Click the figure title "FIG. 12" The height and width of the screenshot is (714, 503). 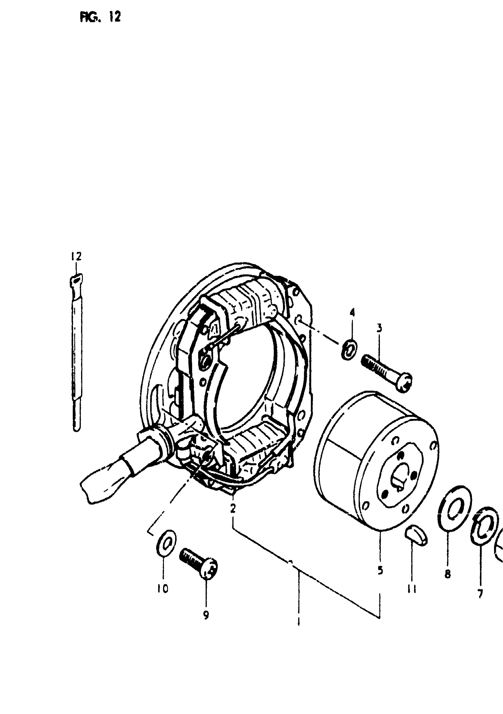click(x=100, y=18)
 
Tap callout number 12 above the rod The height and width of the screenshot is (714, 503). click(x=75, y=257)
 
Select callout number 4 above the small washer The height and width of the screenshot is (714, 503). click(x=352, y=312)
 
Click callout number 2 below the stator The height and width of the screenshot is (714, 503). click(x=233, y=509)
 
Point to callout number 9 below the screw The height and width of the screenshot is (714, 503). click(x=206, y=614)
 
